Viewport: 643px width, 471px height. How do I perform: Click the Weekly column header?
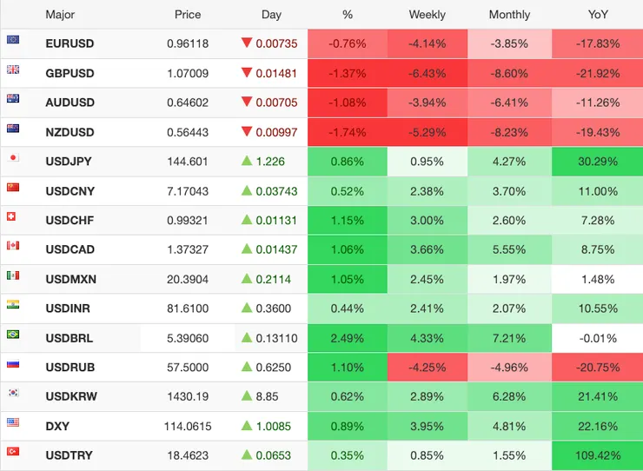[427, 15]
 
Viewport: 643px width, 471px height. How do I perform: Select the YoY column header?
[597, 15]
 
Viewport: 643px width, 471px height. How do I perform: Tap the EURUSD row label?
[70, 43]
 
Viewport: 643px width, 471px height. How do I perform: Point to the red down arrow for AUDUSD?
[247, 102]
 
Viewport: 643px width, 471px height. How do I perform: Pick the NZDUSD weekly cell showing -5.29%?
[427, 132]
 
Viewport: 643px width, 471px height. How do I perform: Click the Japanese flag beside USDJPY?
[13, 158]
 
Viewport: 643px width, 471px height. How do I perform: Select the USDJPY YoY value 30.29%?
[597, 162]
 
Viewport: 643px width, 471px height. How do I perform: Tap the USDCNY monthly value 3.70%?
[509, 191]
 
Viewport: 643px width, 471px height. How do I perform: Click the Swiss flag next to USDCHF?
[13, 217]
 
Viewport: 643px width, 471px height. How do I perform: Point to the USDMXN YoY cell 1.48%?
[597, 279]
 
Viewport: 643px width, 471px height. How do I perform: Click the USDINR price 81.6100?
[188, 308]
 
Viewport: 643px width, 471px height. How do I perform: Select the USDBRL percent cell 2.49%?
[348, 338]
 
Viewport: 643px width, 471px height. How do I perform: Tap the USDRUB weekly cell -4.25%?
[427, 368]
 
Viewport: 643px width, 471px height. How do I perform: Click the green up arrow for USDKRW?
[247, 396]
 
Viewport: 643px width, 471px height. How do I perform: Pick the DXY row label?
[57, 426]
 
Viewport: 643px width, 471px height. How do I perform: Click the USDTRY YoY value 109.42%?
[597, 455]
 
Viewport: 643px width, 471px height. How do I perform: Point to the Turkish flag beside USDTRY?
[13, 452]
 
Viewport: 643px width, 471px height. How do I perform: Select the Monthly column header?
[509, 15]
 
